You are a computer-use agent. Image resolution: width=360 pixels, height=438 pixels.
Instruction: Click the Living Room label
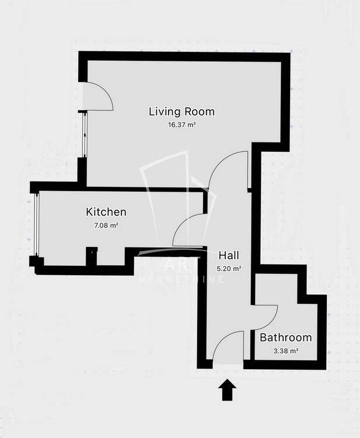pos(181,112)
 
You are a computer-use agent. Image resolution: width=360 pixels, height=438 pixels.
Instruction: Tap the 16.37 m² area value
pos(181,125)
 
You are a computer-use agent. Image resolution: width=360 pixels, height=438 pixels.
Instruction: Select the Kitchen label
pos(106,212)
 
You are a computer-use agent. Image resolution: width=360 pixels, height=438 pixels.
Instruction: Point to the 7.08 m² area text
pos(106,225)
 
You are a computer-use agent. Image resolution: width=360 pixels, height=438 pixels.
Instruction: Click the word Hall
pos(229,255)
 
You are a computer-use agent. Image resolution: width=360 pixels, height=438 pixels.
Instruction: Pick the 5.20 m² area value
pos(229,269)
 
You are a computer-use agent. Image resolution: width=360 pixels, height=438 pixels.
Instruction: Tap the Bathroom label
pos(286,338)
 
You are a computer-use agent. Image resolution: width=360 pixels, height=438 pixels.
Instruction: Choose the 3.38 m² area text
pos(286,351)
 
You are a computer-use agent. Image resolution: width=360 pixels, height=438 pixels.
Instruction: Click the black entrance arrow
pos(227,390)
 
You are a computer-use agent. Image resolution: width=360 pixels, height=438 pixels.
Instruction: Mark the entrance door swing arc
pos(223,338)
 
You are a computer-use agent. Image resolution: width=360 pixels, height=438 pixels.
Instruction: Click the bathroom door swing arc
pos(272,322)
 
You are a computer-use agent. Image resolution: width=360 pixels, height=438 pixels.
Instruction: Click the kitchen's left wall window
pos(36,224)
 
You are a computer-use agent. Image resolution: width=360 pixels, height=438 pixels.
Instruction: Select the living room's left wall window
pos(84,135)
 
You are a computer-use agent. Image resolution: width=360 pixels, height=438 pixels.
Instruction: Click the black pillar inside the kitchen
pos(91,256)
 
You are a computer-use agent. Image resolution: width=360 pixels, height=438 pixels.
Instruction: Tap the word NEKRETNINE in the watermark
pos(181,279)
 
